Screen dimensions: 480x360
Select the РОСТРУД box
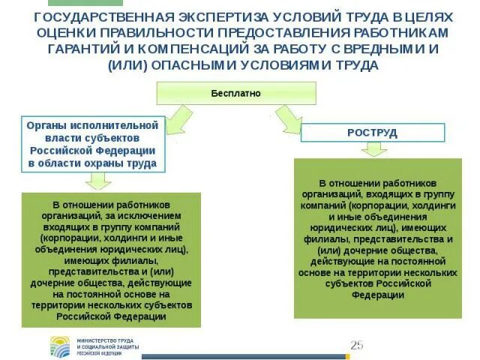point(372,133)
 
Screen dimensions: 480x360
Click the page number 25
point(356,345)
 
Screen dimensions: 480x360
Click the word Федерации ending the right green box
point(372,295)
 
